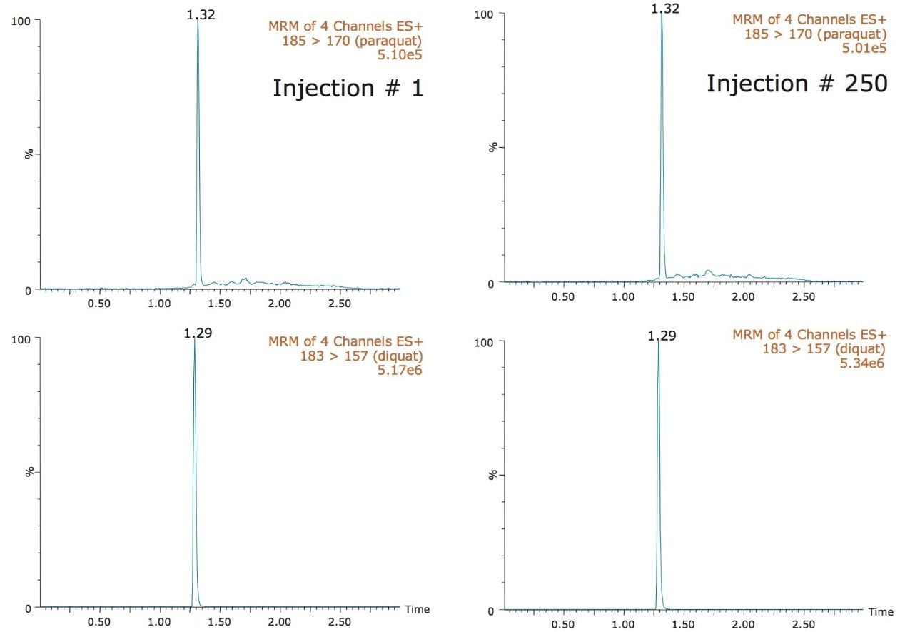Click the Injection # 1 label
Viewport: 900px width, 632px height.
tap(348, 88)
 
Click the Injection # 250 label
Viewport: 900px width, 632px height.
tap(797, 84)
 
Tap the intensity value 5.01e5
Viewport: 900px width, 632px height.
tap(866, 48)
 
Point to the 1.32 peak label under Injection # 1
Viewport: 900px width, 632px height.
tap(201, 14)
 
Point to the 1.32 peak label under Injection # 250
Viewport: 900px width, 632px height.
tap(664, 8)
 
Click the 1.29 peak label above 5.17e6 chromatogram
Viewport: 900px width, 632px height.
tap(198, 333)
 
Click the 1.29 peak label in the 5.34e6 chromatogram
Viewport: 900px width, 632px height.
tap(662, 336)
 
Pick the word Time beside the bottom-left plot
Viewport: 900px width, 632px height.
tap(417, 609)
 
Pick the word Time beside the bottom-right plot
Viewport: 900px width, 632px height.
tap(880, 612)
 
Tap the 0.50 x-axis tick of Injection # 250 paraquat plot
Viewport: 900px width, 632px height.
tap(562, 296)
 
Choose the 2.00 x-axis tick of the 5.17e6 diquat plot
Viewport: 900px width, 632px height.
tap(279, 622)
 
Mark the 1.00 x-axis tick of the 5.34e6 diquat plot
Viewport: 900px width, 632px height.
tap(623, 625)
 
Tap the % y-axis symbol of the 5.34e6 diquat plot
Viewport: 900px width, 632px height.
tap(492, 475)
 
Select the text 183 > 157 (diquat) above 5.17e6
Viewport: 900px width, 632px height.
tap(361, 355)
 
